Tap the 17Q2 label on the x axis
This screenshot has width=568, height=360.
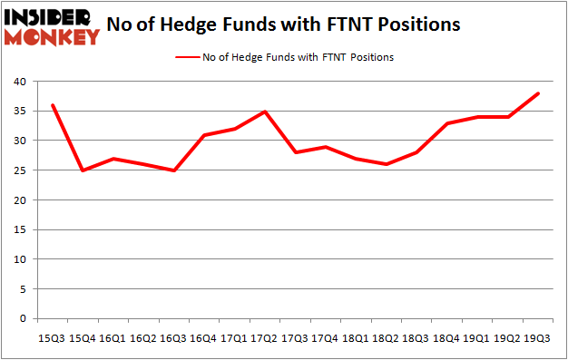(263, 337)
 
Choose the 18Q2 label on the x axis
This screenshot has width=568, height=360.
(385, 337)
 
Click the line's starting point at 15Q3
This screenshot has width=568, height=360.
(53, 105)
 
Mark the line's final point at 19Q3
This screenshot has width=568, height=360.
(539, 93)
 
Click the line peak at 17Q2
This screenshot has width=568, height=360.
(264, 112)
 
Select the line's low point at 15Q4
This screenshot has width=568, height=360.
(83, 170)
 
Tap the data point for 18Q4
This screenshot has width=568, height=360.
(447, 123)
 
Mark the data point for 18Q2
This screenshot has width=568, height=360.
(387, 164)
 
